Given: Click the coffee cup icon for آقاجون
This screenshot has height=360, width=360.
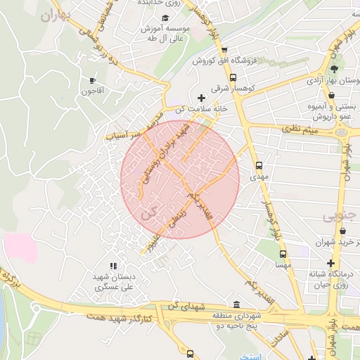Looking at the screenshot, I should (92, 80).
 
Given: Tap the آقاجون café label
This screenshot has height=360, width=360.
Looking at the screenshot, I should (92, 91).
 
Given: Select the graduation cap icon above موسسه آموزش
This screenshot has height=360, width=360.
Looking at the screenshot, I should (165, 18).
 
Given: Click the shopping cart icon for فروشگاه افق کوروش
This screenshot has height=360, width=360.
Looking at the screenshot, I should (224, 50).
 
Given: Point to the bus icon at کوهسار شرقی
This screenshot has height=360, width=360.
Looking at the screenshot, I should (233, 79).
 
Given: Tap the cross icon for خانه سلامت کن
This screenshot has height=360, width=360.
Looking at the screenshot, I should (202, 98).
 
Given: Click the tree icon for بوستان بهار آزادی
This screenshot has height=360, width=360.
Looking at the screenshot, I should (334, 68).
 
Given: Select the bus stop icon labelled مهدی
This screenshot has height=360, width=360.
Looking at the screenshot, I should (259, 166).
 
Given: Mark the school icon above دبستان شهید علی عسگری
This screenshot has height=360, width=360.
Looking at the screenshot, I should (115, 265).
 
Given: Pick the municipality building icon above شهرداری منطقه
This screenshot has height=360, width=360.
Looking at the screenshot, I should (236, 304).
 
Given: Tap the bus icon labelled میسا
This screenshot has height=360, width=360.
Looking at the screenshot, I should (283, 255).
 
